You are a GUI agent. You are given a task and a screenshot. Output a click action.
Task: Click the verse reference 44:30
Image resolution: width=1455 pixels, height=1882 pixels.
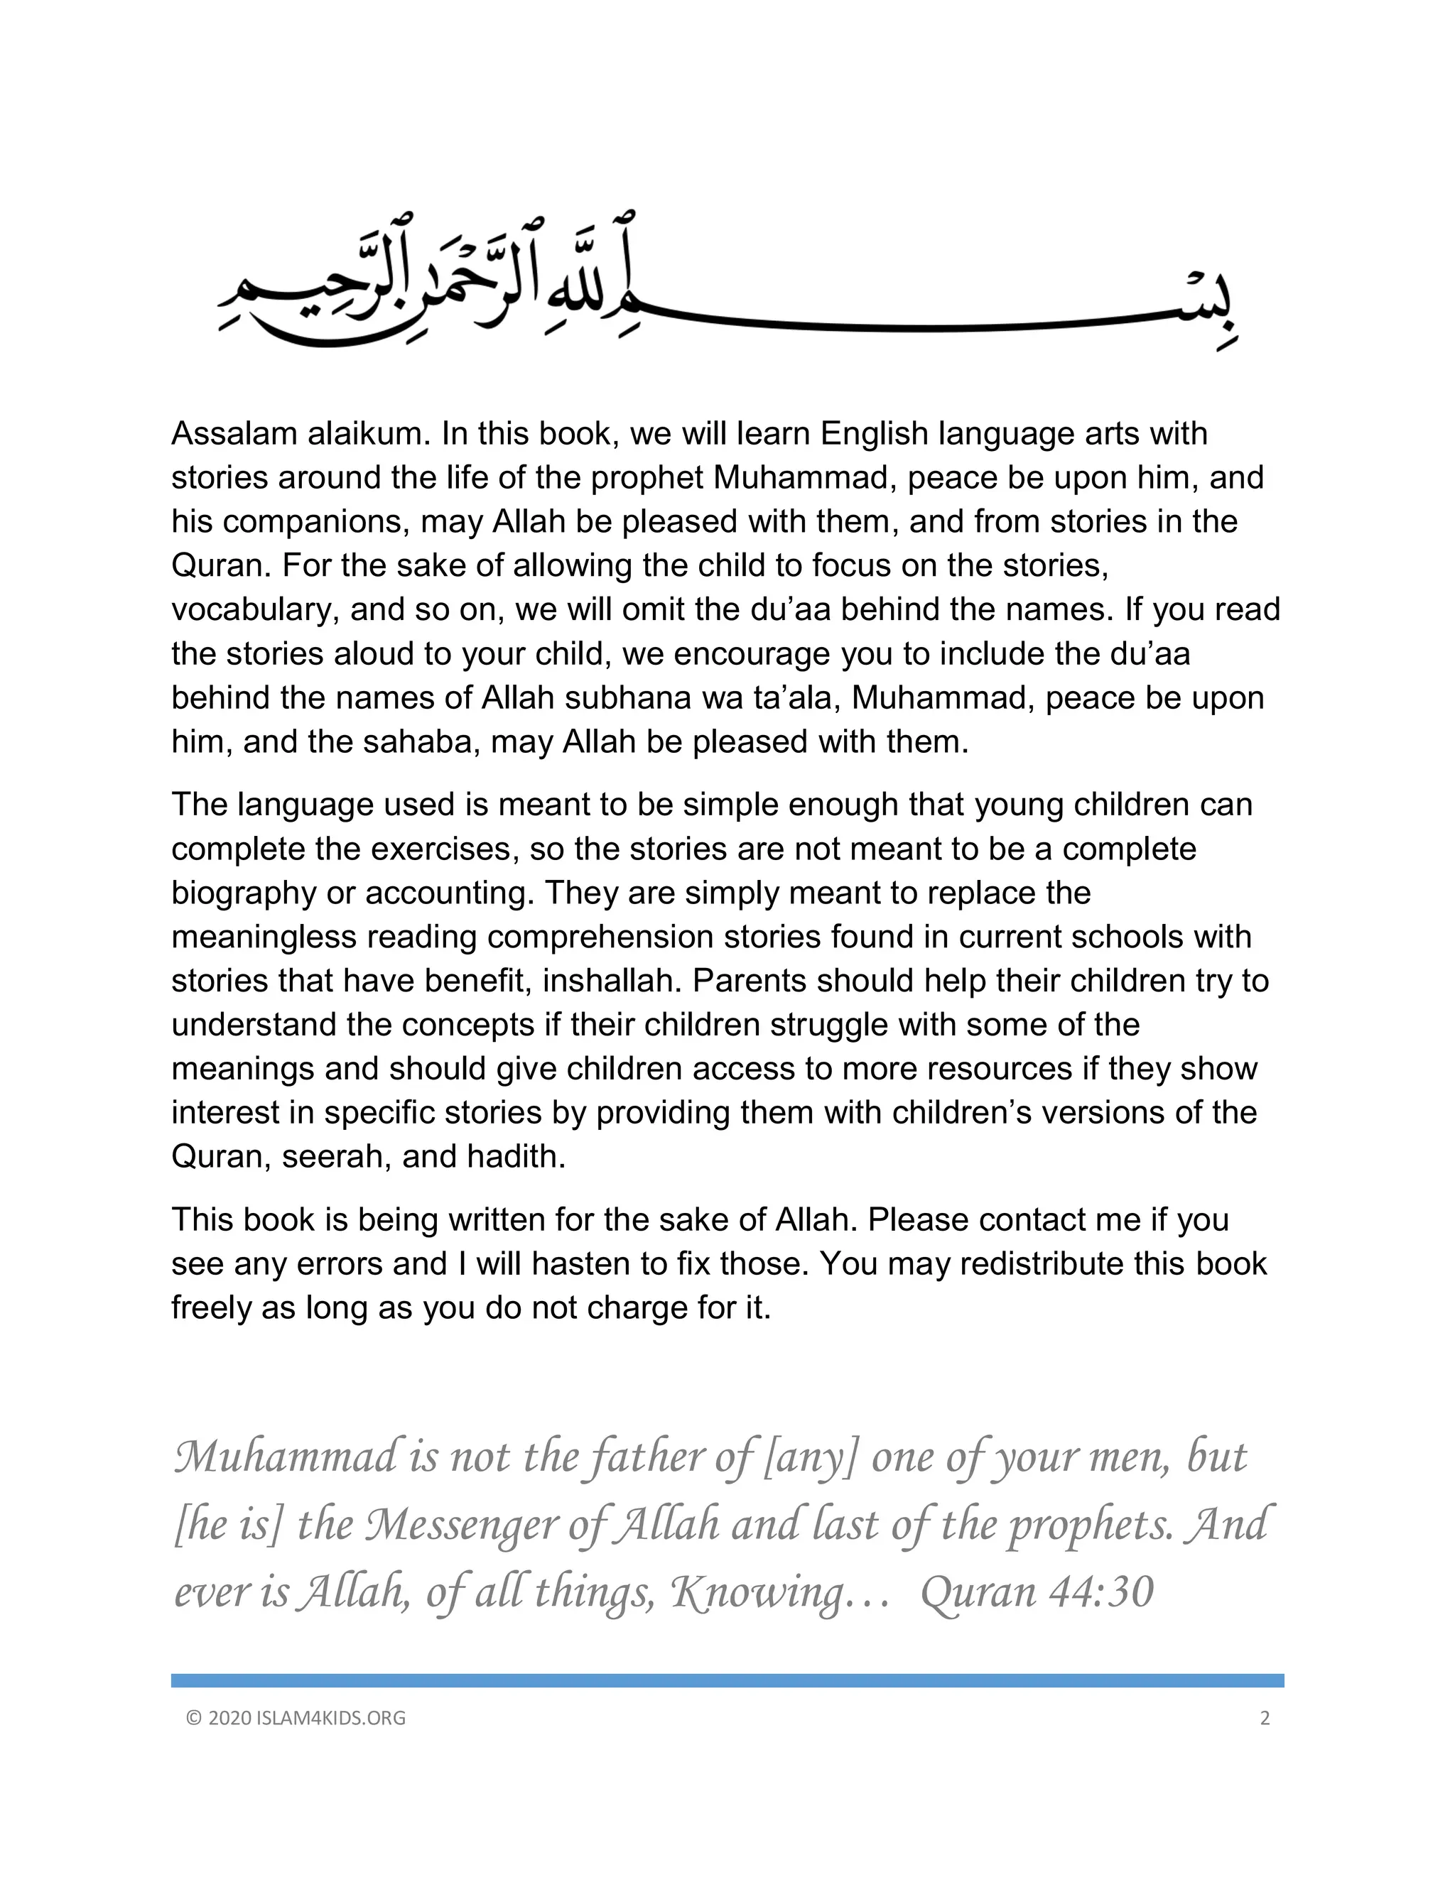[x=1100, y=1592]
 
